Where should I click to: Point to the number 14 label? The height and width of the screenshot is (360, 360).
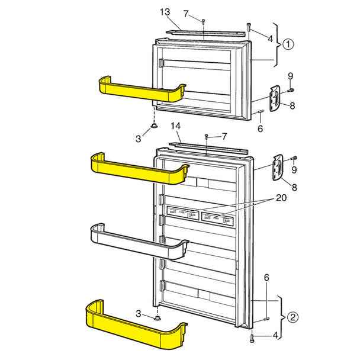point(176,126)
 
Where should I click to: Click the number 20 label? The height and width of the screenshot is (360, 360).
point(281,198)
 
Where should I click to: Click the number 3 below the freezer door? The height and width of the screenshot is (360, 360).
point(138,138)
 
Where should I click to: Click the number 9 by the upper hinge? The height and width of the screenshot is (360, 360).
point(290,75)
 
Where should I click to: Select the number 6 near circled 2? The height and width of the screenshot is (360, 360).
point(266,277)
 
